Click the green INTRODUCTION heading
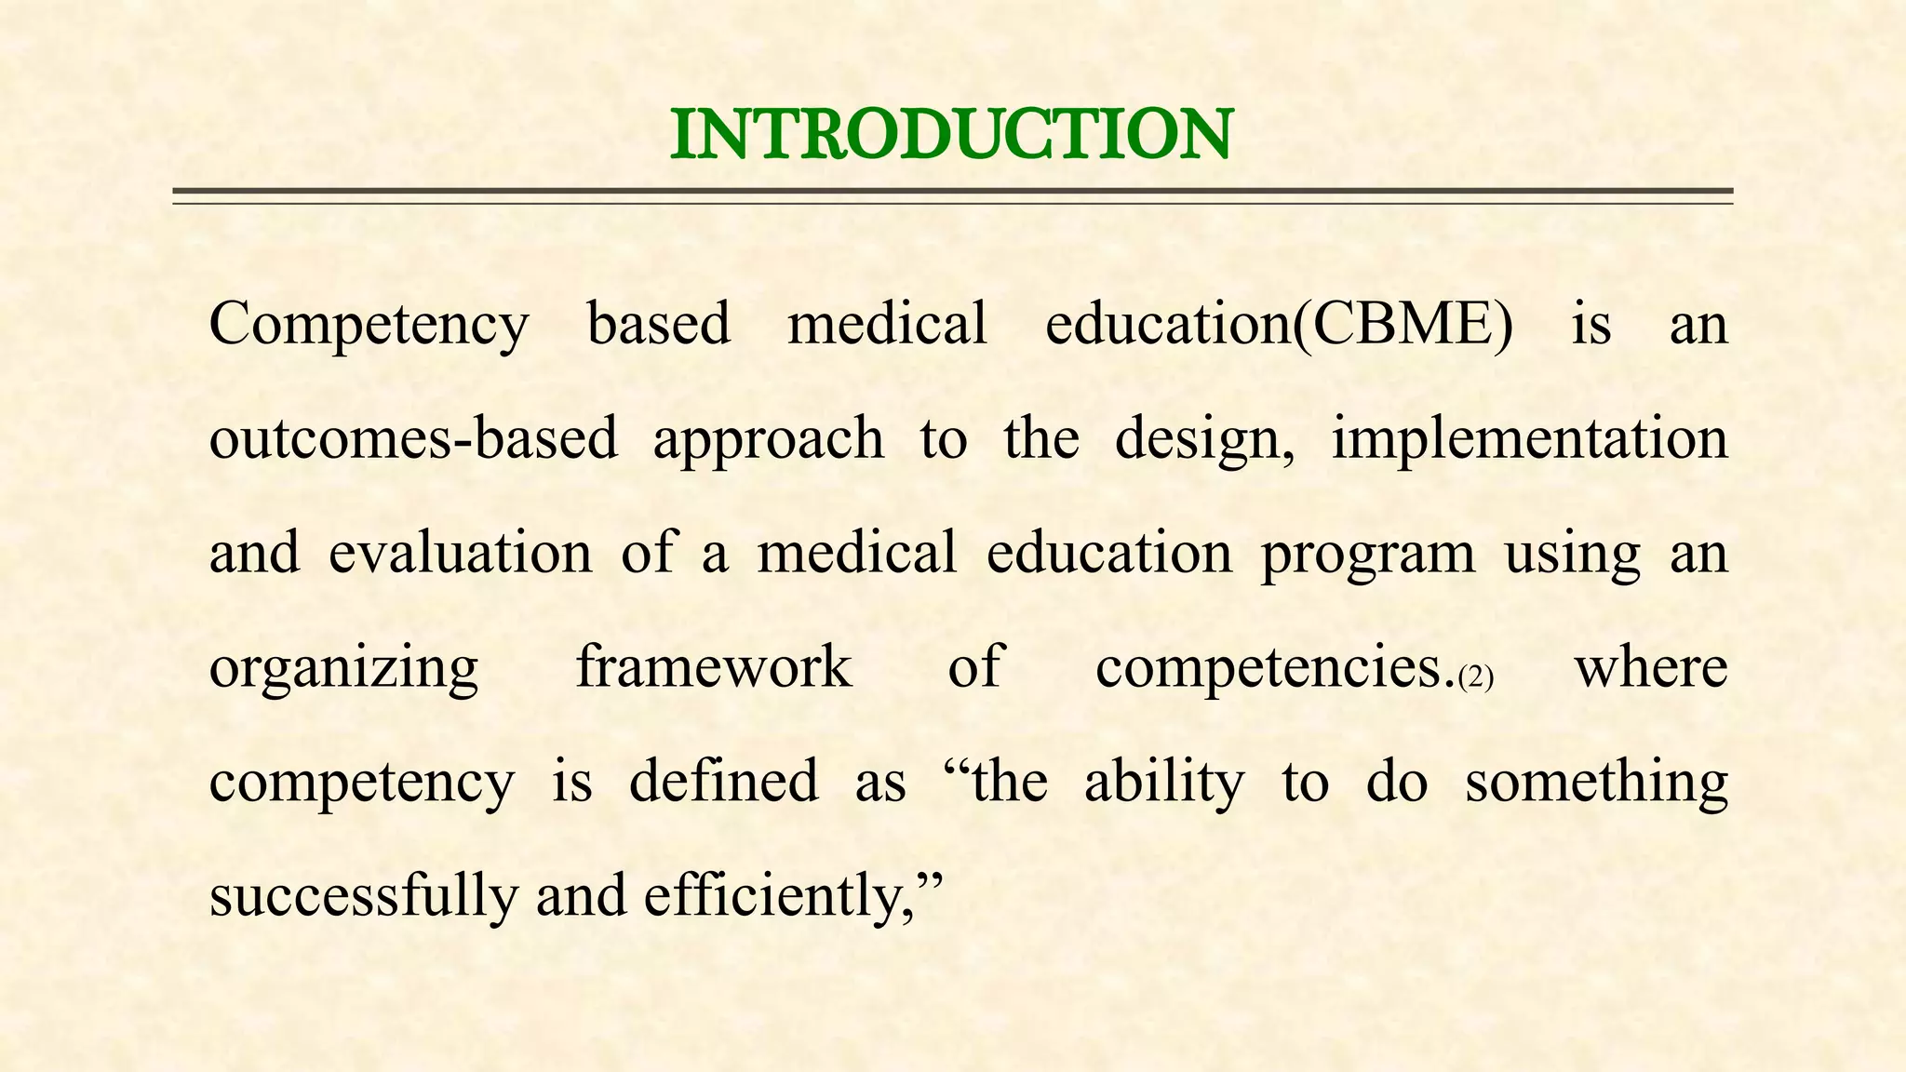point(951,135)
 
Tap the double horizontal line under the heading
point(951,194)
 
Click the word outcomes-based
point(413,438)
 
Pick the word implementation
point(1529,438)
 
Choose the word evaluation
point(460,552)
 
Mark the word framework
point(714,666)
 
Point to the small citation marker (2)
point(1476,677)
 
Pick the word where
point(1650,666)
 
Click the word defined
point(723,781)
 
